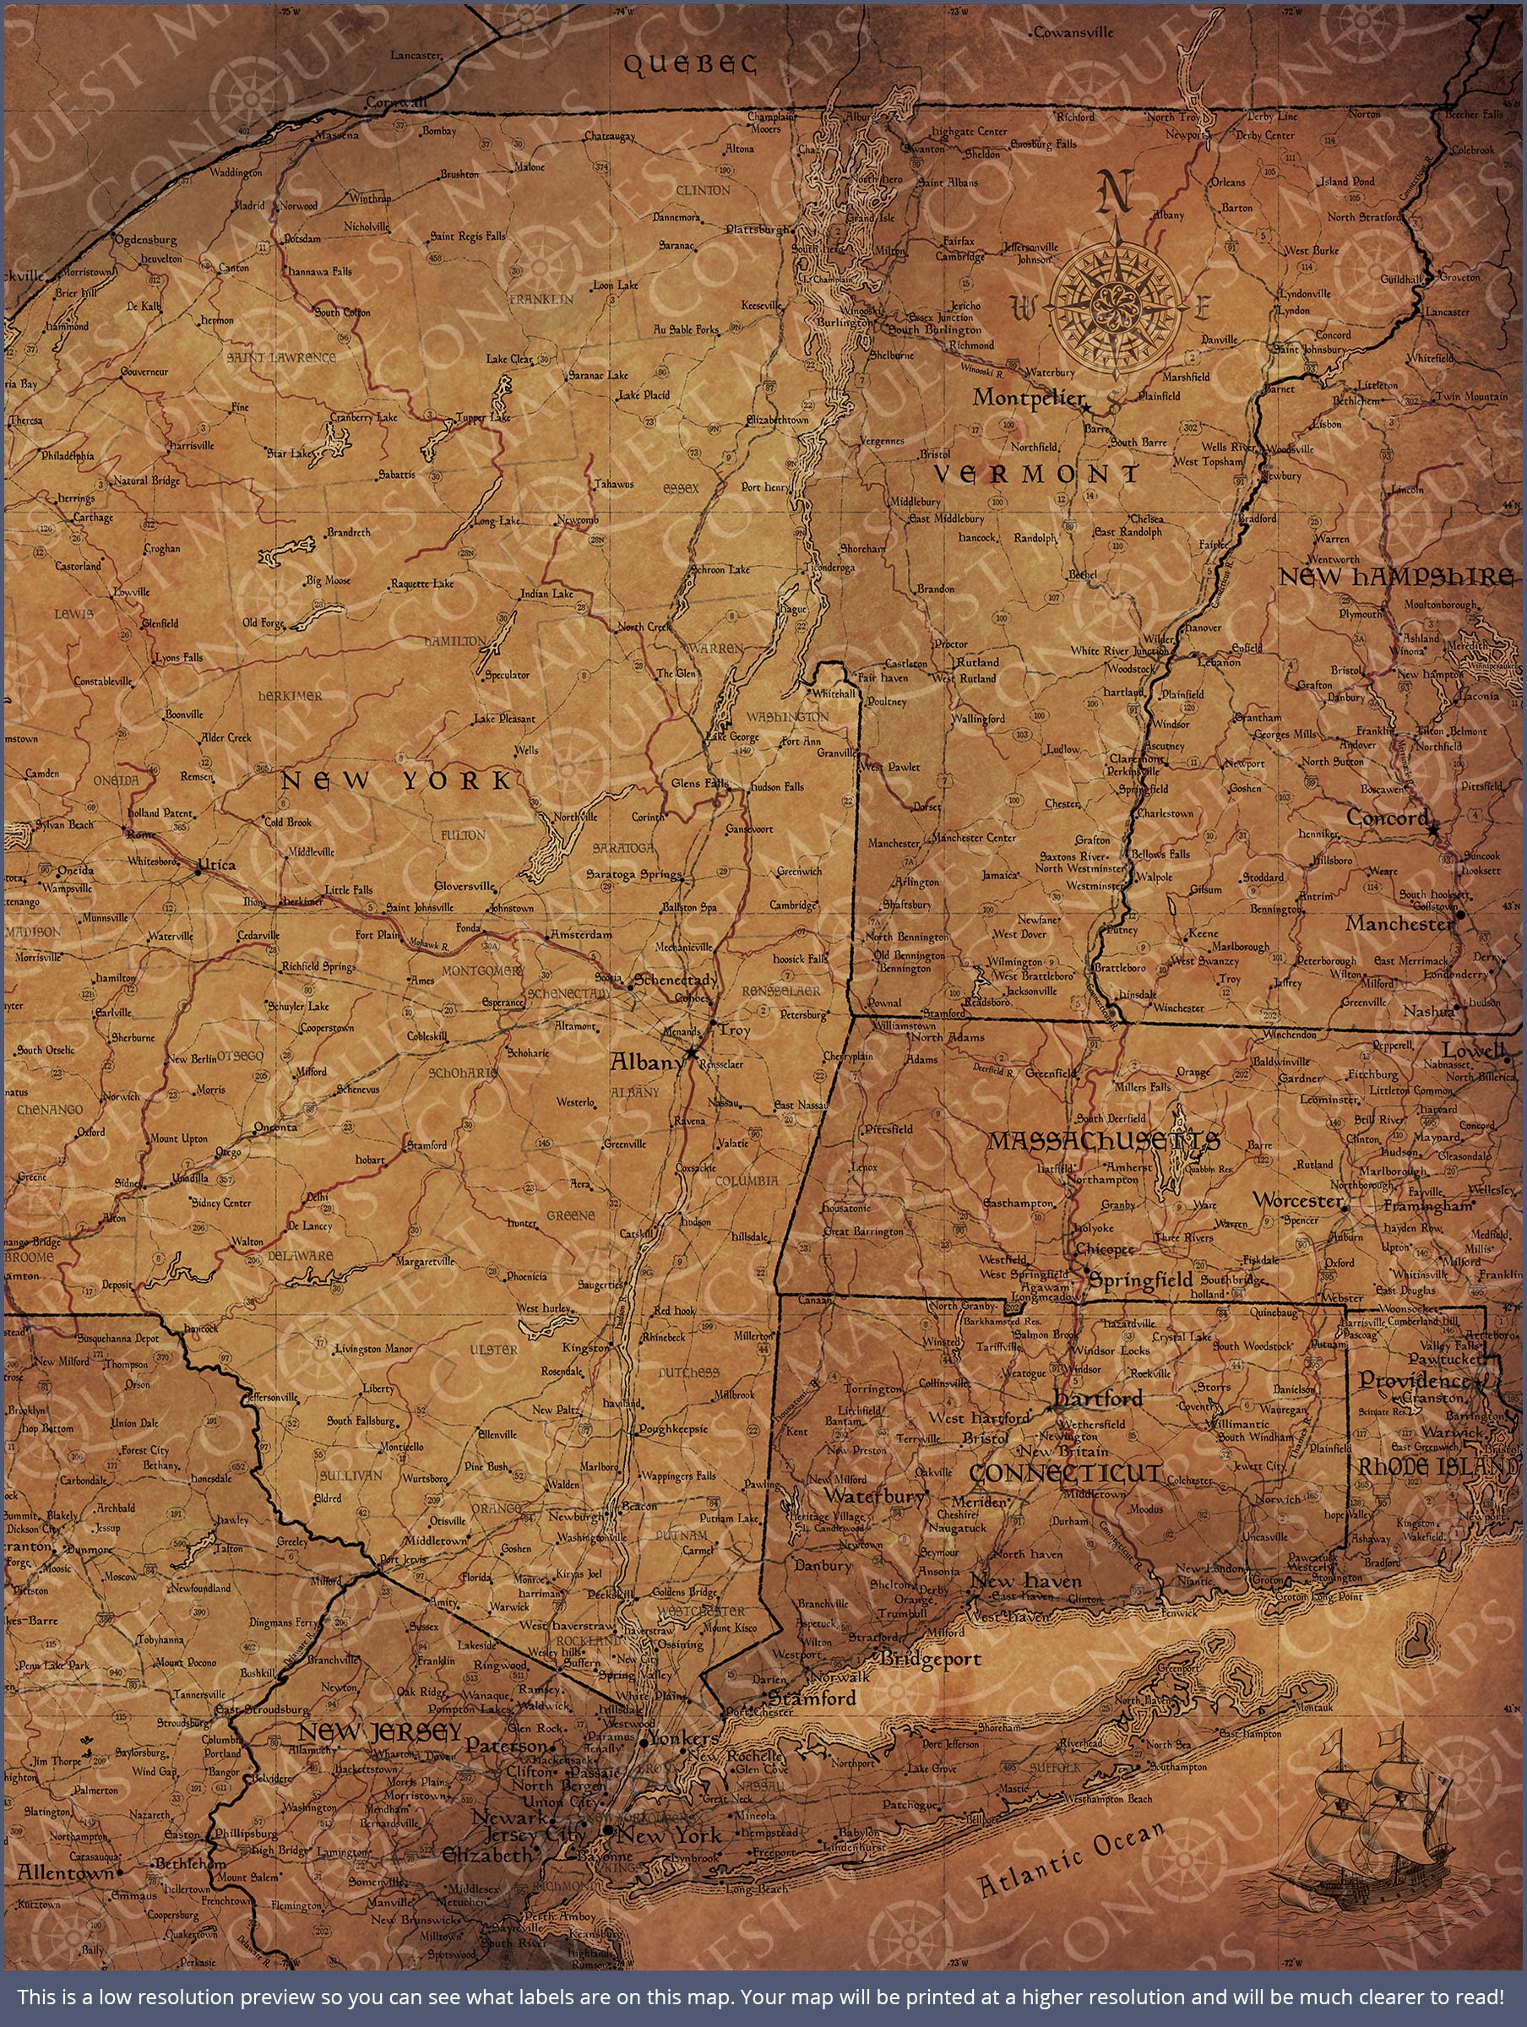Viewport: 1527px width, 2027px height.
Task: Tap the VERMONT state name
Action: pos(1036,474)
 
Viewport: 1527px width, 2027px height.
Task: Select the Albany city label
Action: pos(647,1062)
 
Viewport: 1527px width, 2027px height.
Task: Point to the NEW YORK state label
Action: pos(396,780)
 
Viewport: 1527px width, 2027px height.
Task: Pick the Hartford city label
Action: pos(1097,1399)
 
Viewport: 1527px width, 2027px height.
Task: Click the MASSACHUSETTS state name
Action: pos(1103,1141)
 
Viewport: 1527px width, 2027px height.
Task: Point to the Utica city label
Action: pos(216,864)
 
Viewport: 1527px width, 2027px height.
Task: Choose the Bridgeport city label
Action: pos(931,1659)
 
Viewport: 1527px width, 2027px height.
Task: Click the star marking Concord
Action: pos(1434,827)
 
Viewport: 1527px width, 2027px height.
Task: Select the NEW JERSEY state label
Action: pos(379,1732)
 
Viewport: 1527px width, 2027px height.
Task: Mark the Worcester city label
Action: pos(1297,1199)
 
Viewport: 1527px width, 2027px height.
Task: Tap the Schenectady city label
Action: pos(676,979)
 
